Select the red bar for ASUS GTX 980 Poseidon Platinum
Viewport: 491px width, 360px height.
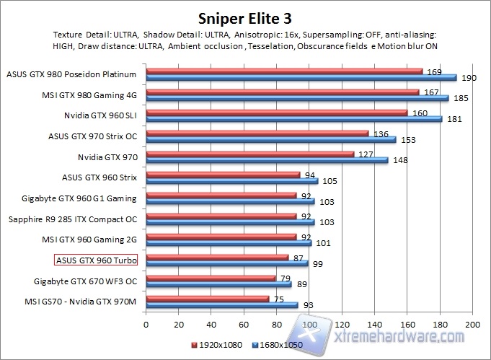click(285, 71)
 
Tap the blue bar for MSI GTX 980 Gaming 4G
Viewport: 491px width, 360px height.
click(298, 97)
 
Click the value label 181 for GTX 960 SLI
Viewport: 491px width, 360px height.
click(454, 119)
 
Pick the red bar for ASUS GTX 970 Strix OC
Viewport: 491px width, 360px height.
click(257, 133)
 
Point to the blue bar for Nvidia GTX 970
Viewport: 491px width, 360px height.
click(267, 160)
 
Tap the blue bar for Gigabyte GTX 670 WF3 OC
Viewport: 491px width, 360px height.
click(218, 284)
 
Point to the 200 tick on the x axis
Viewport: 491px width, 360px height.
click(472, 325)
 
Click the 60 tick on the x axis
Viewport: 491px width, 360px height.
click(244, 325)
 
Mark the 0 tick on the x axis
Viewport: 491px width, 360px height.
click(147, 325)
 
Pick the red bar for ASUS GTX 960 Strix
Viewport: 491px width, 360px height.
click(223, 175)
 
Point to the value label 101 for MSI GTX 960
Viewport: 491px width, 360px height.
click(324, 244)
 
